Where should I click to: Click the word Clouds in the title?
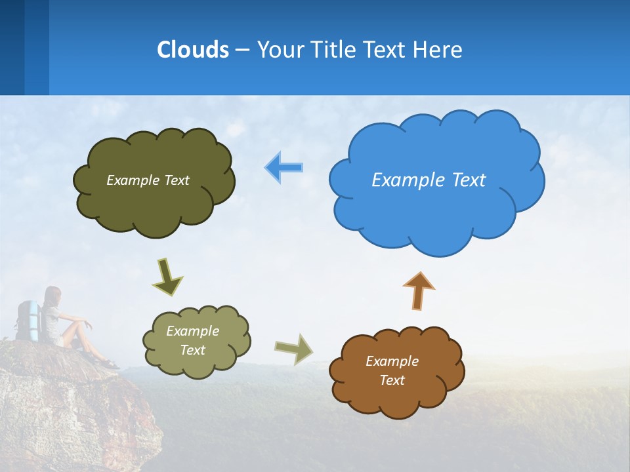point(193,50)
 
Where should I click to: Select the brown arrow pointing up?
point(418,290)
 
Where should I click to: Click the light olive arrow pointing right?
point(294,348)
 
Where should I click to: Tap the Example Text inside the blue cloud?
point(429,180)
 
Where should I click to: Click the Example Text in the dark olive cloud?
point(148,180)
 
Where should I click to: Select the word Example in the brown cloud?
point(392,361)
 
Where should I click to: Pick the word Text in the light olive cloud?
point(193,350)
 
